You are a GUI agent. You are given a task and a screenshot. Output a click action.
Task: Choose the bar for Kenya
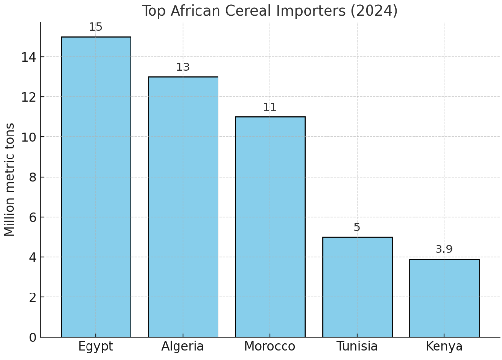[444, 298]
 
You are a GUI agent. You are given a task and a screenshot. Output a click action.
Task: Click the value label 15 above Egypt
[96, 27]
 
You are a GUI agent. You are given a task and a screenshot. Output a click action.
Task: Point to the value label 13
[183, 67]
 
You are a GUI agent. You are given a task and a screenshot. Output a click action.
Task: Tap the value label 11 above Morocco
[270, 108]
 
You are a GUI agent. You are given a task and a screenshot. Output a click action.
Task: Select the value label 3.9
[444, 249]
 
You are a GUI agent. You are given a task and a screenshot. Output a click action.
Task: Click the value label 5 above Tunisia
[357, 228]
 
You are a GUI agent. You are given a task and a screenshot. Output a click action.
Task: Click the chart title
[270, 11]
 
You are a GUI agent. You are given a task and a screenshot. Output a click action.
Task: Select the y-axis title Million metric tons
[10, 180]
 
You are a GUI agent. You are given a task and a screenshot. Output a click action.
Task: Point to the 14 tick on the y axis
[28, 57]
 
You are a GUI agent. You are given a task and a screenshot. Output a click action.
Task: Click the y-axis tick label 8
[32, 178]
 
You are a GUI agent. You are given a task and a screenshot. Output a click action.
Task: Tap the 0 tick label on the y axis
[32, 337]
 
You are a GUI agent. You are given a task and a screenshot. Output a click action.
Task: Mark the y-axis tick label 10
[28, 137]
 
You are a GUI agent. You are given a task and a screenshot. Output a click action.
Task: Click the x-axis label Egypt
[96, 347]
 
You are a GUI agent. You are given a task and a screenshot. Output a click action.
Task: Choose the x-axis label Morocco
[270, 347]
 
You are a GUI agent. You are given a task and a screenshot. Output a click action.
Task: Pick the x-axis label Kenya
[444, 347]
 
